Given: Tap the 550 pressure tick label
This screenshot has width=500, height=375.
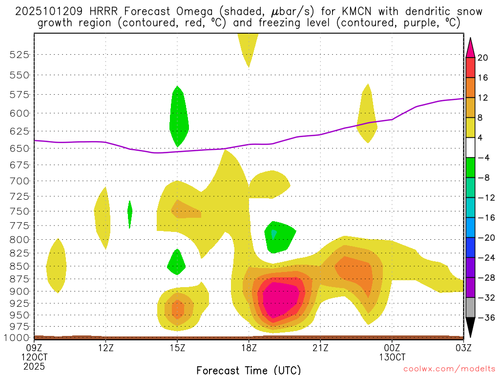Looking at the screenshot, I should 20,75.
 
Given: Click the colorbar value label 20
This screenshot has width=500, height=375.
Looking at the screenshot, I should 483,58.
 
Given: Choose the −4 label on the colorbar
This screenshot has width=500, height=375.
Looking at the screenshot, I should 484,158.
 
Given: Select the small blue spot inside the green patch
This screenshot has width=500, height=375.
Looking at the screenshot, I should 274,234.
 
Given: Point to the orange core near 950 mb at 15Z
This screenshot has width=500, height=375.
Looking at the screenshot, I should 178,309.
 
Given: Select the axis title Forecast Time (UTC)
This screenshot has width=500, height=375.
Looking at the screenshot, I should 249,370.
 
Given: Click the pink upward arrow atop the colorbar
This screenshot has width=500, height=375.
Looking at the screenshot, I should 471,46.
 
